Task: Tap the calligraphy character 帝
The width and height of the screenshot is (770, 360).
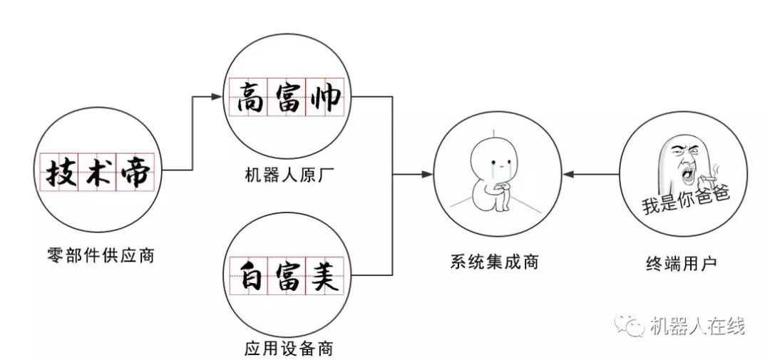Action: click(x=135, y=172)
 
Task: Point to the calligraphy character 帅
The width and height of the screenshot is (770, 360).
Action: click(x=325, y=97)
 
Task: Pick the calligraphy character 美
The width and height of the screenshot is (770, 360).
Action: click(x=324, y=276)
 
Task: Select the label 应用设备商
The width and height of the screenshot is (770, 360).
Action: click(x=289, y=348)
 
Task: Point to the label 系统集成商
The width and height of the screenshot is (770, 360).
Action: click(x=494, y=262)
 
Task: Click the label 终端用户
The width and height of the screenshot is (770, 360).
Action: click(x=682, y=263)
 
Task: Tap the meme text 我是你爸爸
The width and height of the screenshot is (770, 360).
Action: click(x=686, y=200)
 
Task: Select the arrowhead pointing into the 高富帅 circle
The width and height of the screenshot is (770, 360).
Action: click(x=217, y=97)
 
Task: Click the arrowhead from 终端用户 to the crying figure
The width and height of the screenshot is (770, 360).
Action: click(x=568, y=174)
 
